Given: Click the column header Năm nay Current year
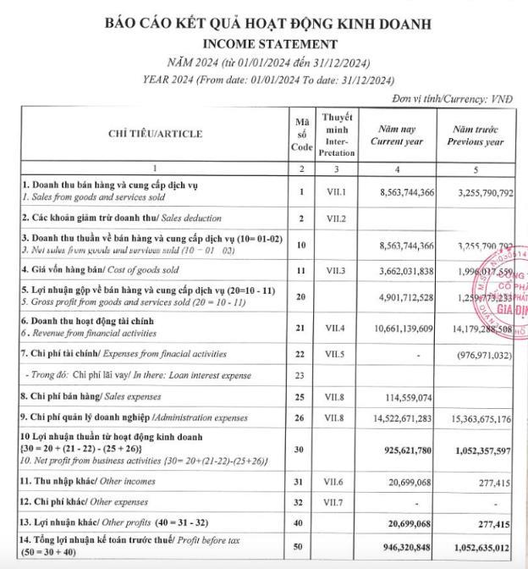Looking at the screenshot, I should pos(397,135).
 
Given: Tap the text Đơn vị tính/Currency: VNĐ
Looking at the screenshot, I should pos(456,98).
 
